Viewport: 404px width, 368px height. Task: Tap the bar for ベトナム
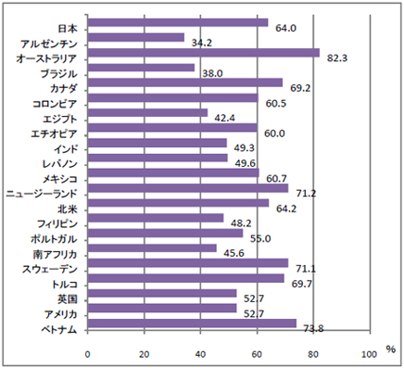[192, 324]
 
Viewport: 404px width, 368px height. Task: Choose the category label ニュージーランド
[44, 193]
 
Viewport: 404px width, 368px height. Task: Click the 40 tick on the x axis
[201, 353]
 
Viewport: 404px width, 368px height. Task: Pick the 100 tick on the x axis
[370, 353]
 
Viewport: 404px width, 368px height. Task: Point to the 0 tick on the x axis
[88, 353]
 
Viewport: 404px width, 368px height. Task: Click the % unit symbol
[390, 349]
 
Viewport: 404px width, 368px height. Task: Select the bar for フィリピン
[156, 218]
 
